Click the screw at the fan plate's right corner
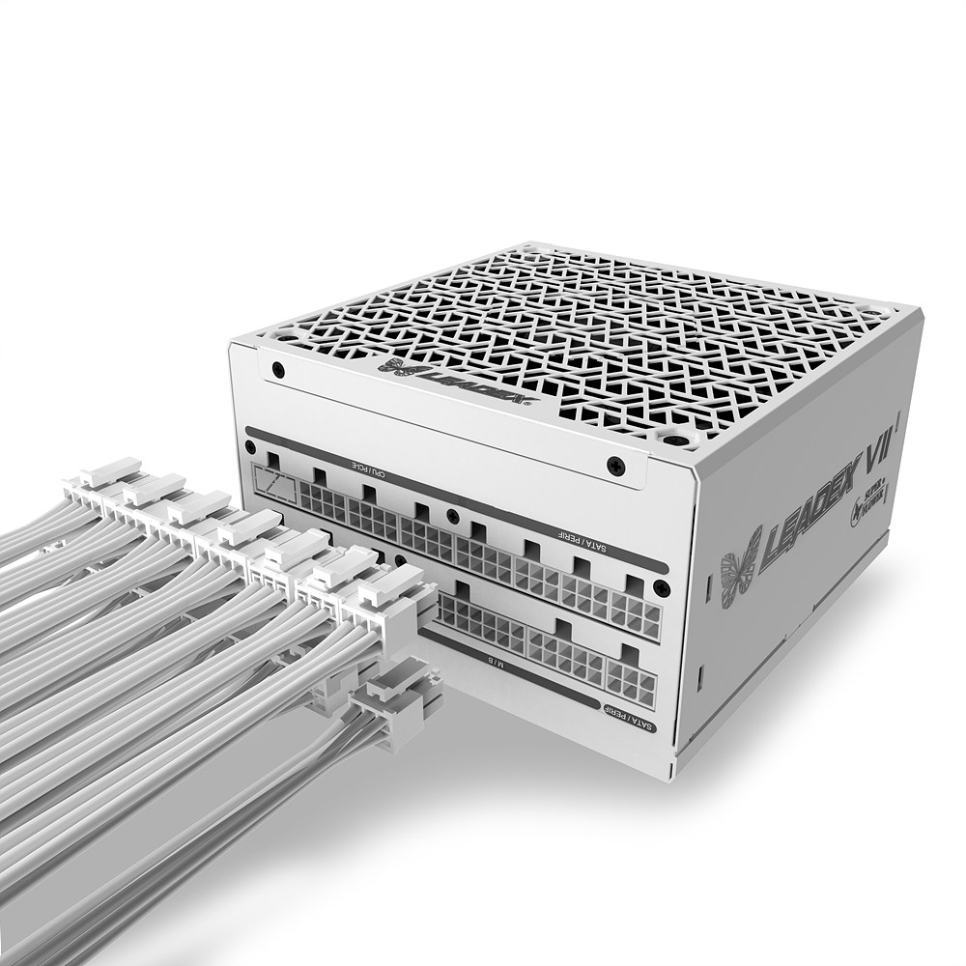point(614,466)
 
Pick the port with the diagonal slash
point(275,480)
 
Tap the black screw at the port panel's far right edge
point(659,587)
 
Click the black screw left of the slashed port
point(250,447)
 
